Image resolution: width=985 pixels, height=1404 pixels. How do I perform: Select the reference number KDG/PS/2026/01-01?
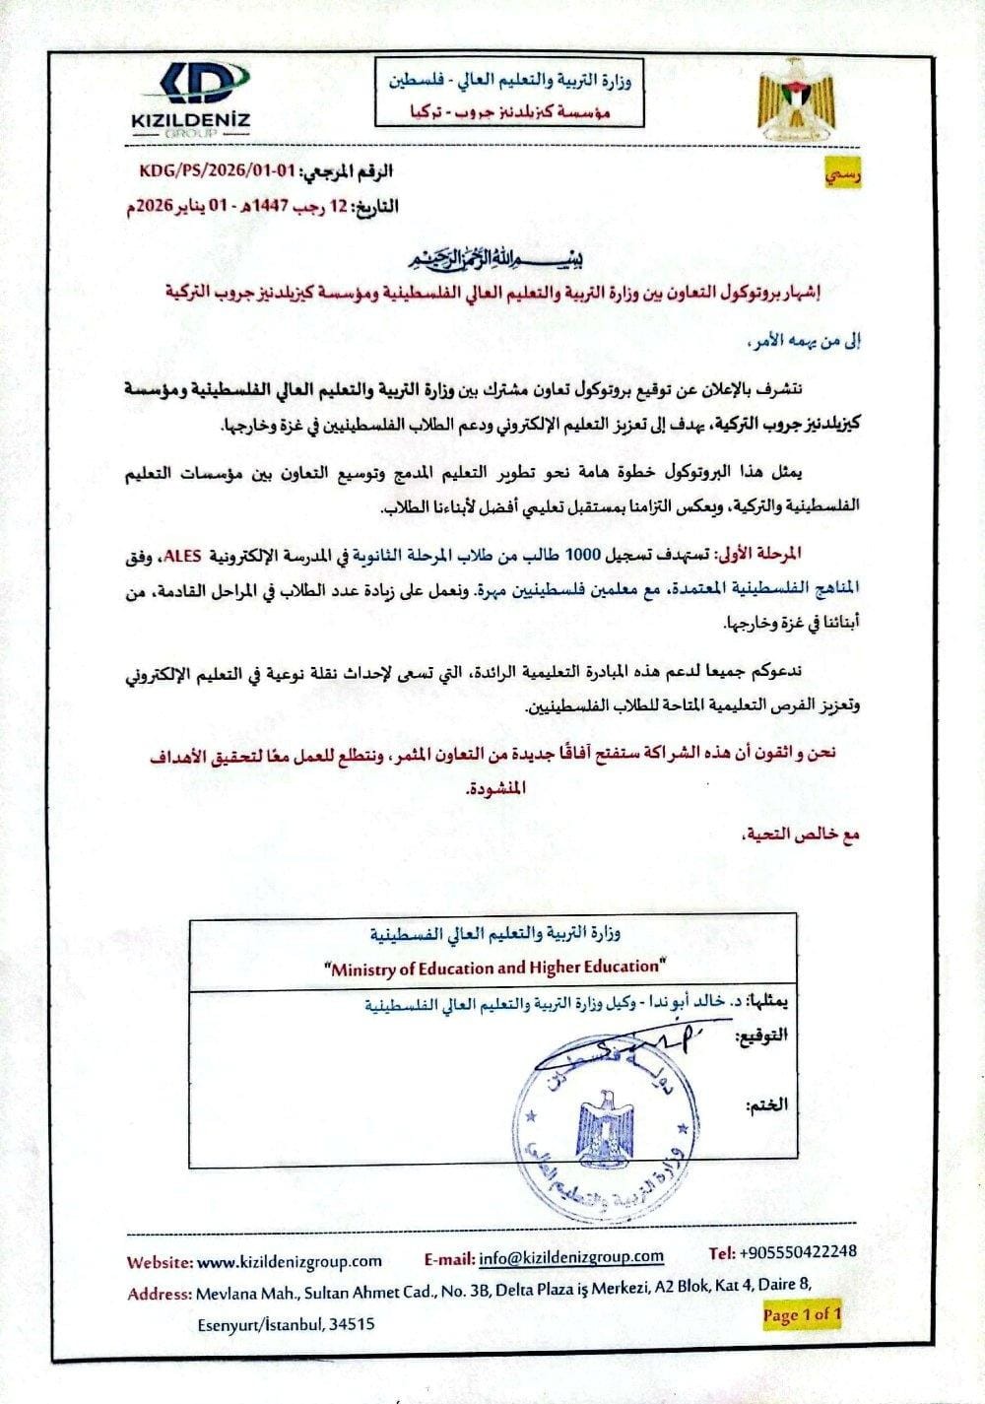tap(218, 169)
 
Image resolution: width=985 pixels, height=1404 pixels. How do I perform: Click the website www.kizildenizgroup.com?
tap(290, 1261)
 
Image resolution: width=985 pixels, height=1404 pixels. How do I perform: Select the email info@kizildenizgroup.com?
tap(571, 1257)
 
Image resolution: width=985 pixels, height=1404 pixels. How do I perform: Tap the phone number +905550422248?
tap(797, 1252)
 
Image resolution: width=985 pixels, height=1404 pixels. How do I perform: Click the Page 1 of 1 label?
tap(802, 1313)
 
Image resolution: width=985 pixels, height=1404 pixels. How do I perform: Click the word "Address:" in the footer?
tap(159, 1294)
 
